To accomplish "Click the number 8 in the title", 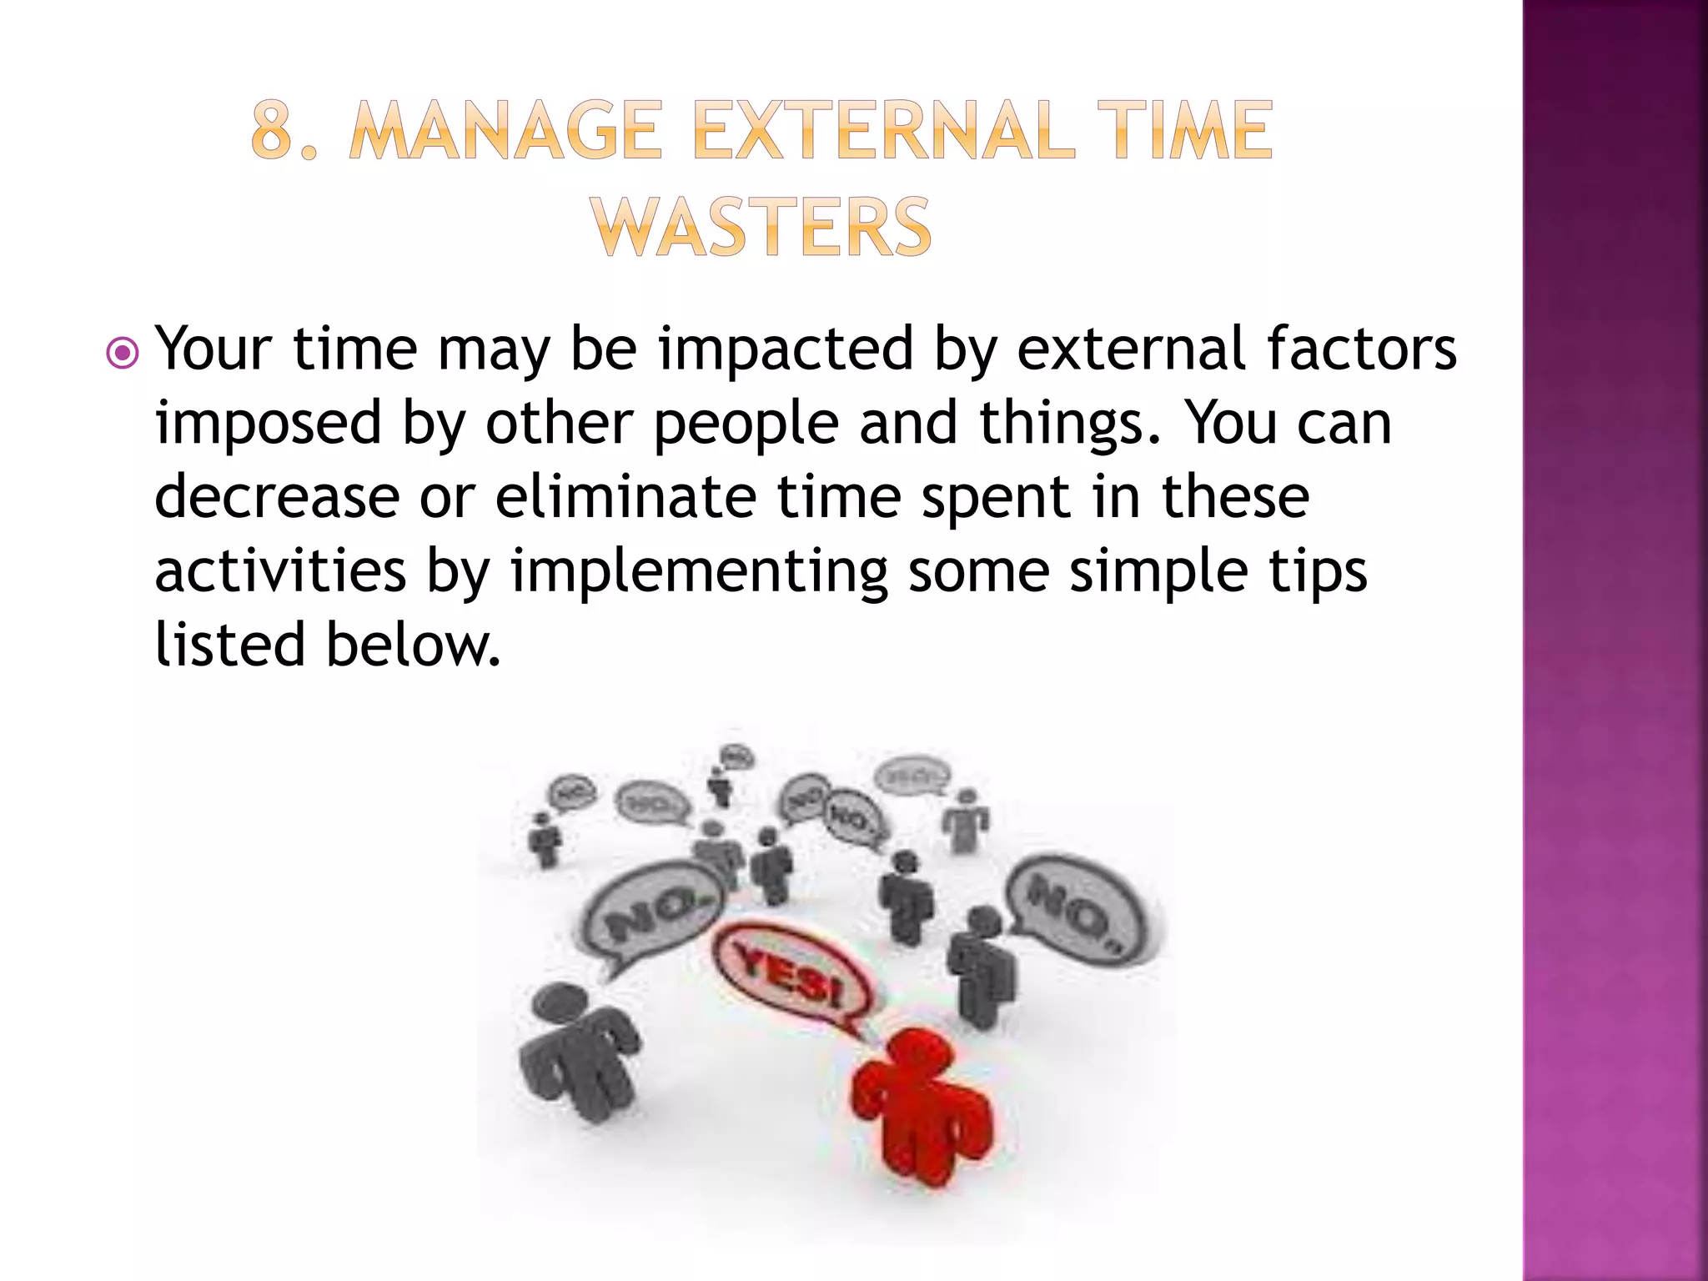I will click(273, 130).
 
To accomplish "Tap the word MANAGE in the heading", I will click(505, 130).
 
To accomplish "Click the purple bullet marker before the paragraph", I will click(123, 354).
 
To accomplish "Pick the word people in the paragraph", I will click(746, 423).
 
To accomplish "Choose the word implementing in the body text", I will click(699, 572).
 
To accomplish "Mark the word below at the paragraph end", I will click(413, 646).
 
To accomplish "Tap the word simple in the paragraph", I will click(1158, 572).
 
